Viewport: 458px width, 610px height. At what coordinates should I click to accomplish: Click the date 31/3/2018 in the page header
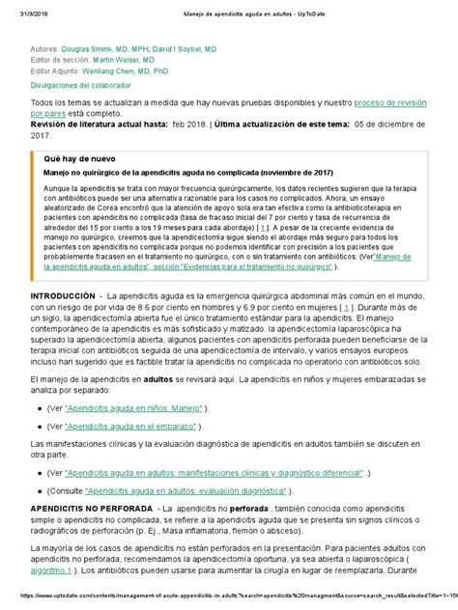[21, 9]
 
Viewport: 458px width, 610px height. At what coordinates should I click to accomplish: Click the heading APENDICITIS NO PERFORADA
[91, 507]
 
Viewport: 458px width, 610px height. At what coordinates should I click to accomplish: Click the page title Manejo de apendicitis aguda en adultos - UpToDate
[229, 9]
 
